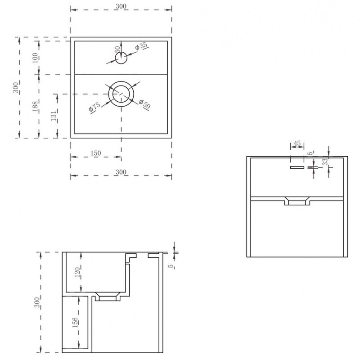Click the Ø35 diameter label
(141, 46)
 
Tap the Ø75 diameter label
(94, 107)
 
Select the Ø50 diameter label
(145, 104)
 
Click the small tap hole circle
(121, 58)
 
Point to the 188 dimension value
(35, 107)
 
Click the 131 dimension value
(54, 116)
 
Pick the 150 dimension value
(95, 153)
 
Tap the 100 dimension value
(35, 58)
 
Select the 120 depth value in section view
(77, 272)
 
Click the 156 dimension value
(75, 322)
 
